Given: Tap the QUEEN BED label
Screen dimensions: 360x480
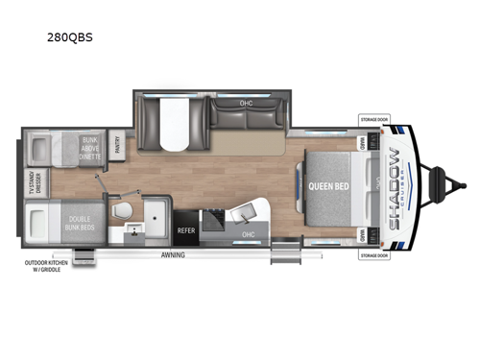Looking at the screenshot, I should [x=327, y=185].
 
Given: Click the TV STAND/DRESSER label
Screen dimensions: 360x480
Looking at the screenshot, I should [x=34, y=181].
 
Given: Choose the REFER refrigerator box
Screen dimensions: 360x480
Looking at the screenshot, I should [x=186, y=230].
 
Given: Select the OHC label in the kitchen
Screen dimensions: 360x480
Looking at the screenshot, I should [x=248, y=233].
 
